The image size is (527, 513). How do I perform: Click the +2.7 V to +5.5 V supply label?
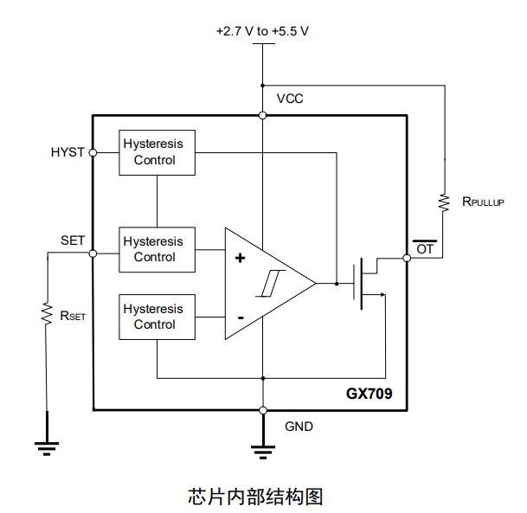(x=262, y=31)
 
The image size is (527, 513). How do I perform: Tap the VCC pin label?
(x=290, y=99)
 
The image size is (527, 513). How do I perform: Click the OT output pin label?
(x=425, y=249)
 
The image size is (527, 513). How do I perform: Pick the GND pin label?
(x=299, y=426)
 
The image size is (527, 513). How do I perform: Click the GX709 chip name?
(x=369, y=394)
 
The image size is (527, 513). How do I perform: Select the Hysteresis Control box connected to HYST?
(x=157, y=152)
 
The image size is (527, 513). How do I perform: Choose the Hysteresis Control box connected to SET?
(x=157, y=249)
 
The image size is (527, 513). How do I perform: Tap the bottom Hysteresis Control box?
(x=157, y=317)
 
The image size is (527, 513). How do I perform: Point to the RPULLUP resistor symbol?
(x=445, y=202)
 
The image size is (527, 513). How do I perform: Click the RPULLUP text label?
(x=482, y=202)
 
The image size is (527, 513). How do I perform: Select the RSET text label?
(x=73, y=316)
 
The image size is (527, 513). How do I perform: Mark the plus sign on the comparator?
(x=240, y=258)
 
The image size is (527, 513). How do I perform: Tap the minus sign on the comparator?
(x=240, y=317)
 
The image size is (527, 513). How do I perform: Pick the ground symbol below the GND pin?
(x=262, y=449)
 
